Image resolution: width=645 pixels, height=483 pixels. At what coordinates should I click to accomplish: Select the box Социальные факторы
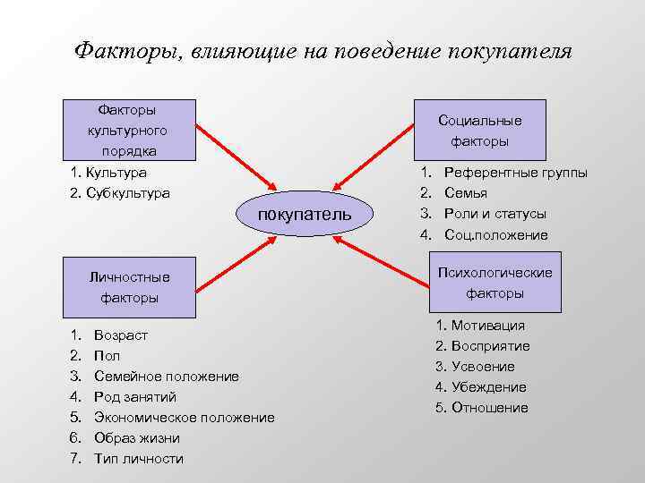(x=479, y=131)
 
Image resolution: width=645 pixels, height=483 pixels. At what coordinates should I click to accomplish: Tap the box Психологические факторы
(x=494, y=283)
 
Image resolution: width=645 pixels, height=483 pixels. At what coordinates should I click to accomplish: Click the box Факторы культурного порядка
(x=128, y=130)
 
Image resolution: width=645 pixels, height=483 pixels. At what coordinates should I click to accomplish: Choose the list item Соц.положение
(x=496, y=234)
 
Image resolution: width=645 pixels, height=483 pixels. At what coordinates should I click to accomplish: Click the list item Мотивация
(x=487, y=326)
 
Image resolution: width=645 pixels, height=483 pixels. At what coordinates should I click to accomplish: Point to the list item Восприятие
(x=490, y=346)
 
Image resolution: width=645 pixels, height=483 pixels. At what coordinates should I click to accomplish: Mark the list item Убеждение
(x=488, y=387)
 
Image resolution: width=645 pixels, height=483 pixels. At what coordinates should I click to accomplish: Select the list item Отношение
(x=489, y=408)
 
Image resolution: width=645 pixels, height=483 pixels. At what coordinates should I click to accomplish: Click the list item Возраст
(x=121, y=335)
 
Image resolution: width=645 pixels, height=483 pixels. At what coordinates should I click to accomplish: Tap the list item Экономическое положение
(x=185, y=418)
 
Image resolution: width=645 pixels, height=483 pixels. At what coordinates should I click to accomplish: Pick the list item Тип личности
(x=139, y=459)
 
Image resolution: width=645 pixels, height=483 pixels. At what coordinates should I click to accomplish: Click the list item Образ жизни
(x=137, y=438)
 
